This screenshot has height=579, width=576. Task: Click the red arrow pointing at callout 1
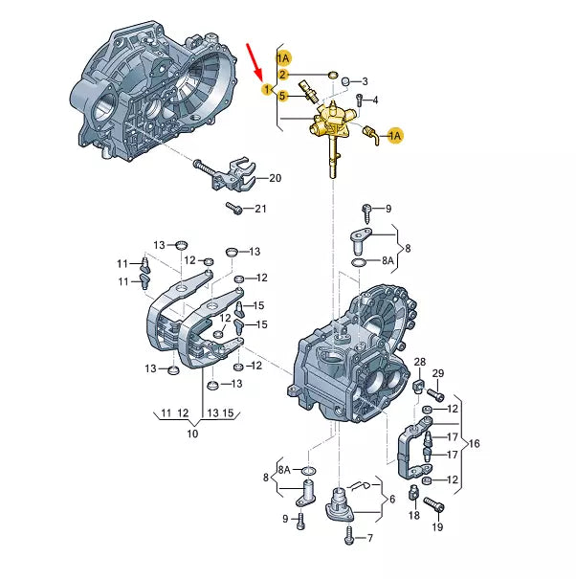tap(255, 61)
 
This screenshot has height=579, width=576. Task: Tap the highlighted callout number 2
tap(282, 75)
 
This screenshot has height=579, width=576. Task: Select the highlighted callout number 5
tap(282, 96)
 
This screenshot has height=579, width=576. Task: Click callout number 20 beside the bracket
tap(275, 178)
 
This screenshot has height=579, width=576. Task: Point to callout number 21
tap(260, 209)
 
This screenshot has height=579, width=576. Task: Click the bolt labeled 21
tap(233, 208)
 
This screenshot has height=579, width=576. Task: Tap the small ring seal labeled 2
tap(333, 76)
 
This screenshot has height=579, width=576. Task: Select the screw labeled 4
tap(359, 100)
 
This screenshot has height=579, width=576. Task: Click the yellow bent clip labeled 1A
tap(370, 135)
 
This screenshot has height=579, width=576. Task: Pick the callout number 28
tap(420, 362)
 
